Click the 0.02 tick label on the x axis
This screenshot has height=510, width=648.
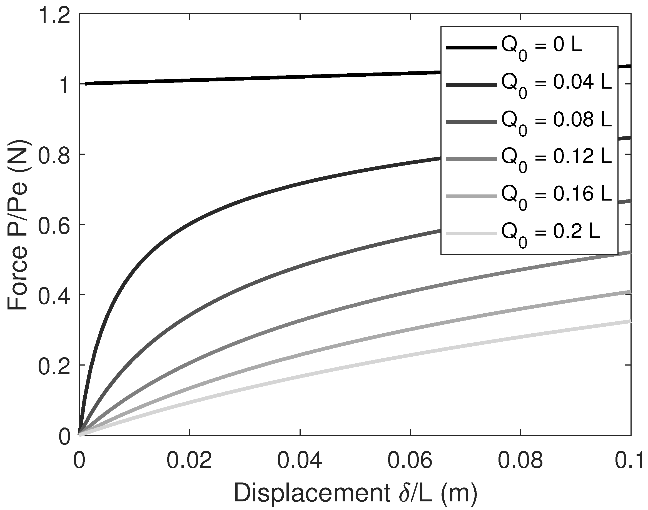[x=189, y=461]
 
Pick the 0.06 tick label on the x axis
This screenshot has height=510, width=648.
[x=410, y=461]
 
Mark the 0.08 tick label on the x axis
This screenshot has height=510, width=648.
[x=520, y=461]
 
